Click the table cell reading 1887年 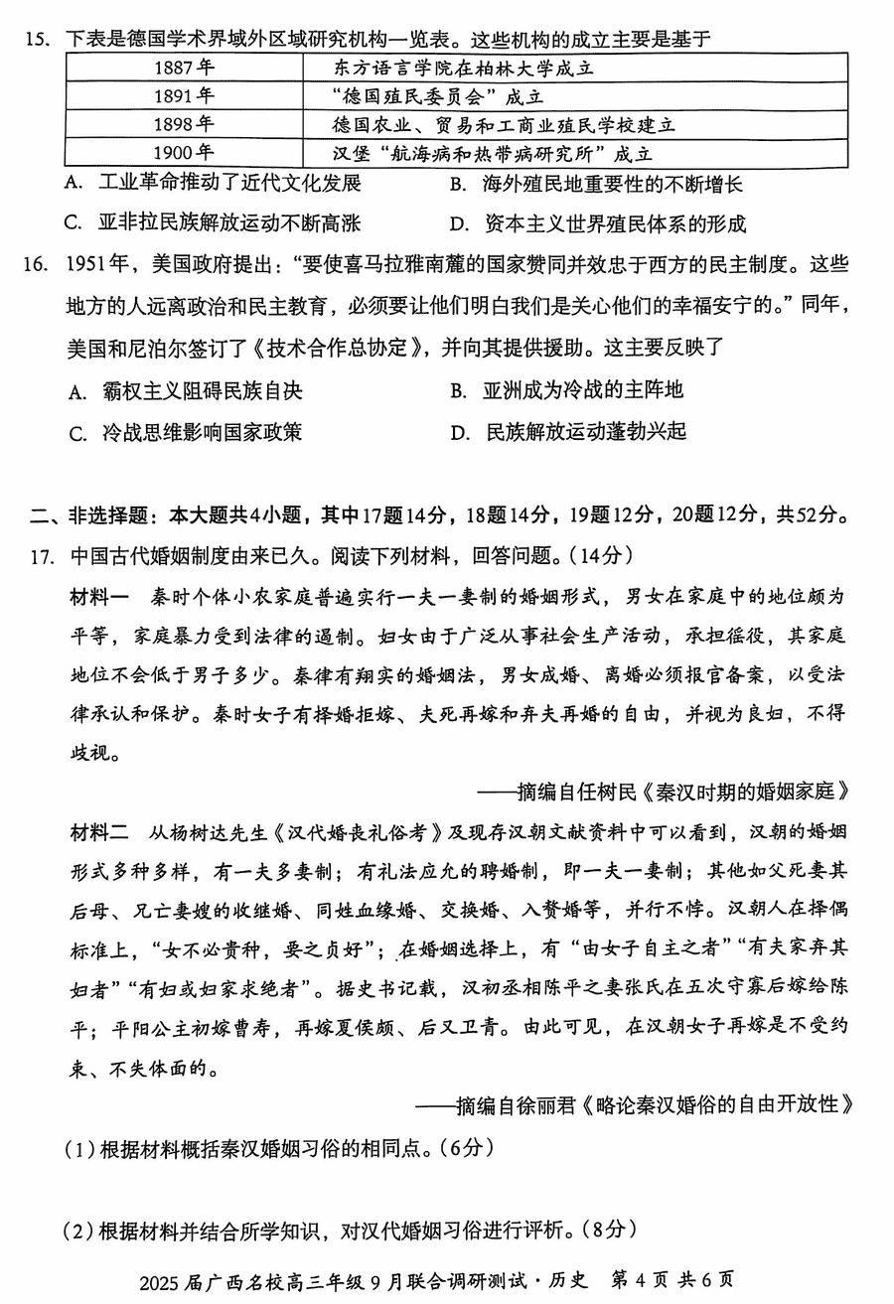[x=184, y=69]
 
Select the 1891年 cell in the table [x=184, y=96]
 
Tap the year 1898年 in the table [x=184, y=124]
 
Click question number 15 [x=38, y=41]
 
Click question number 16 [x=38, y=265]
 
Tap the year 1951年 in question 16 [x=99, y=265]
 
